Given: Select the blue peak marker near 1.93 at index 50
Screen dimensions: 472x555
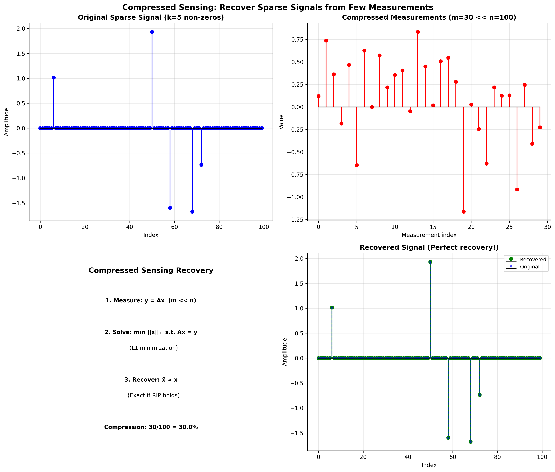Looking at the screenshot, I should (x=152, y=32).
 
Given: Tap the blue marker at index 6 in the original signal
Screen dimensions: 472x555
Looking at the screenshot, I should (x=54, y=78).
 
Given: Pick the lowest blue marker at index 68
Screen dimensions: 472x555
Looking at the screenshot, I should (x=192, y=212).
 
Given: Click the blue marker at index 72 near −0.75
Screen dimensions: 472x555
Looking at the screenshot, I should (x=201, y=165).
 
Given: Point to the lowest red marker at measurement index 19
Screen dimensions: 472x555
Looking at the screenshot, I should (x=463, y=212).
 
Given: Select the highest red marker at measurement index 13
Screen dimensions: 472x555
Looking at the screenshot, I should (x=418, y=32).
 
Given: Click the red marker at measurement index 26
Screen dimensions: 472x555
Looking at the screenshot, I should (x=517, y=189).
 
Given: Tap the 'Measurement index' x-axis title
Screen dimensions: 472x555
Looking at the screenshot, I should (x=429, y=235).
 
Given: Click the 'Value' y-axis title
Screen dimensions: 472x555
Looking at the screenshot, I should (x=281, y=122).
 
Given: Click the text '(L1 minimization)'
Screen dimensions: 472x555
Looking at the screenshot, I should (x=154, y=348).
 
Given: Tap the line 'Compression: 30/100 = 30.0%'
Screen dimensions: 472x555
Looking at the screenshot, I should (x=151, y=427).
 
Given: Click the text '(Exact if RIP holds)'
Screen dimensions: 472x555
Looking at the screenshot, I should (x=154, y=395).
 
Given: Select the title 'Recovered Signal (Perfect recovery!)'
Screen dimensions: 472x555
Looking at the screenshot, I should (x=429, y=248).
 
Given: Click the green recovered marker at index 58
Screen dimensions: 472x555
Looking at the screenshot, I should (x=448, y=438).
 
